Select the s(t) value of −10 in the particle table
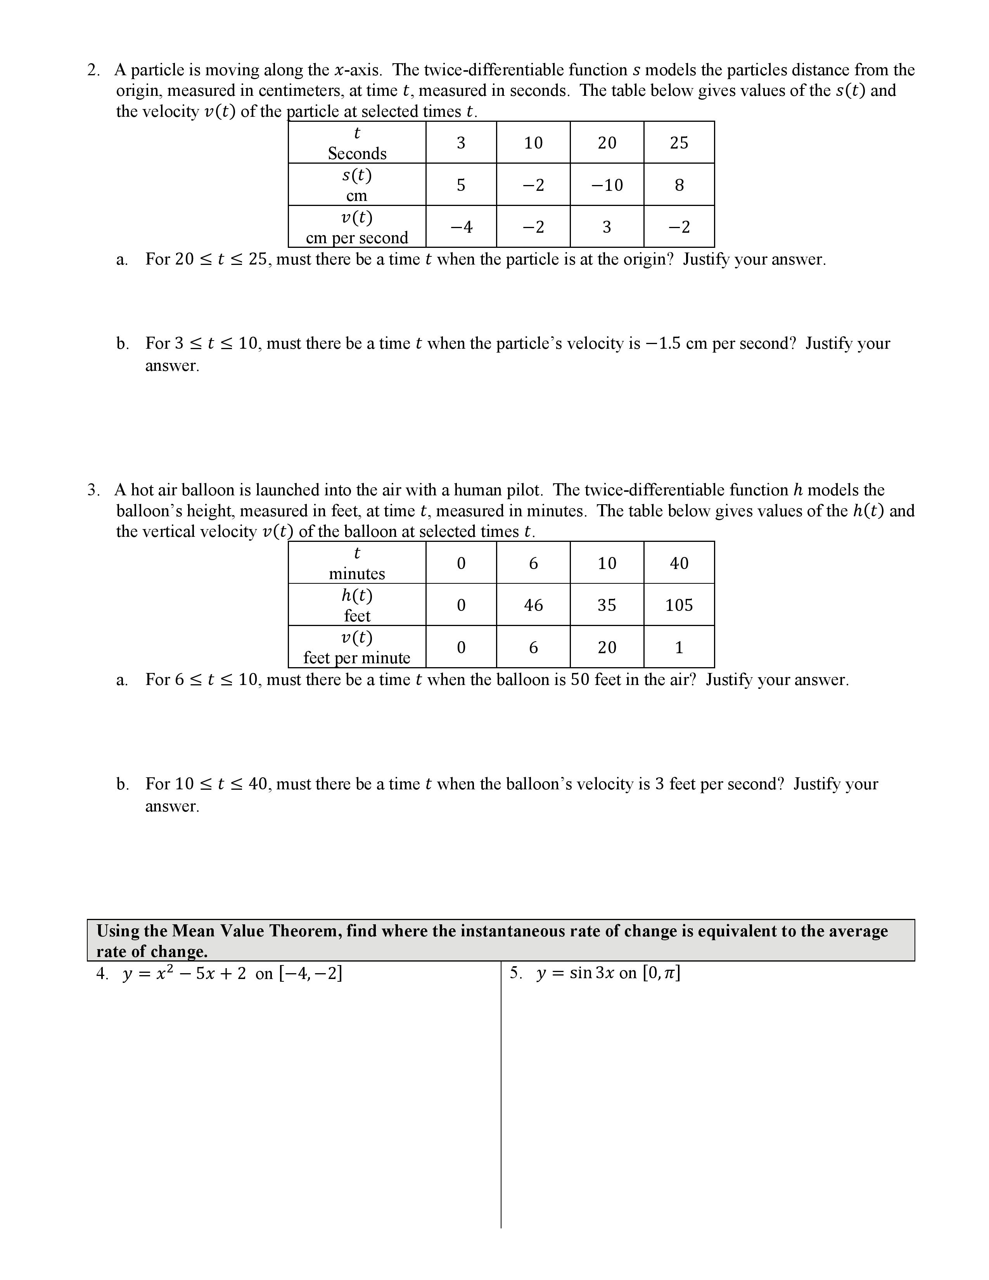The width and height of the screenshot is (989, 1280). pos(607,185)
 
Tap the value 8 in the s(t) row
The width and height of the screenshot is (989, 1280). pos(679,185)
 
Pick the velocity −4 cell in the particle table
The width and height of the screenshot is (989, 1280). pos(461,227)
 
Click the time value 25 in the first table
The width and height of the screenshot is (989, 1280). pos(679,143)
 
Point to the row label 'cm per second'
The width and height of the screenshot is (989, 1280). pos(357,238)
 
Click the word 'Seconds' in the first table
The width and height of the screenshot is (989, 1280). pos(357,154)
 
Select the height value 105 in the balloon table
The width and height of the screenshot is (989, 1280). pos(679,605)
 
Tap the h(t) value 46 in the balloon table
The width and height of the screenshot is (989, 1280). pos(533,605)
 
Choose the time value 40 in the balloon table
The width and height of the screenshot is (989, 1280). pos(679,563)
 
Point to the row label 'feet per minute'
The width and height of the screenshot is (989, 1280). pos(357,657)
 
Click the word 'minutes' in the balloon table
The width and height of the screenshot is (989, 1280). pos(357,574)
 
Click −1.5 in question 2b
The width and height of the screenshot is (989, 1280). pos(663,343)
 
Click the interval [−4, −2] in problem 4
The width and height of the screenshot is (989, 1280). pos(311,974)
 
